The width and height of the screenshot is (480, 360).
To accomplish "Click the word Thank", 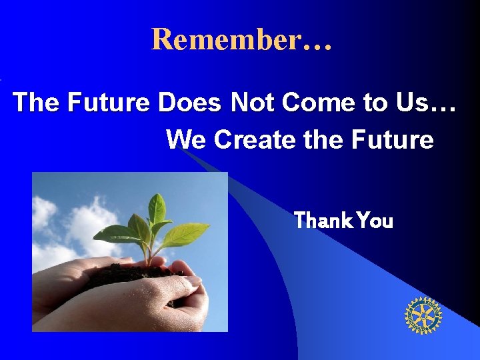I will pyautogui.click(x=323, y=220).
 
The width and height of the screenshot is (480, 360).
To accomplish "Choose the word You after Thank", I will pyautogui.click(x=375, y=220).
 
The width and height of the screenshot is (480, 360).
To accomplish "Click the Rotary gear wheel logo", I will pyautogui.click(x=423, y=315).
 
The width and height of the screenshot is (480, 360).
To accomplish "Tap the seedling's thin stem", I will pyautogui.click(x=151, y=250).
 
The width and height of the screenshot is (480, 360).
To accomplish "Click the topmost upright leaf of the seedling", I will pyautogui.click(x=157, y=209).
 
